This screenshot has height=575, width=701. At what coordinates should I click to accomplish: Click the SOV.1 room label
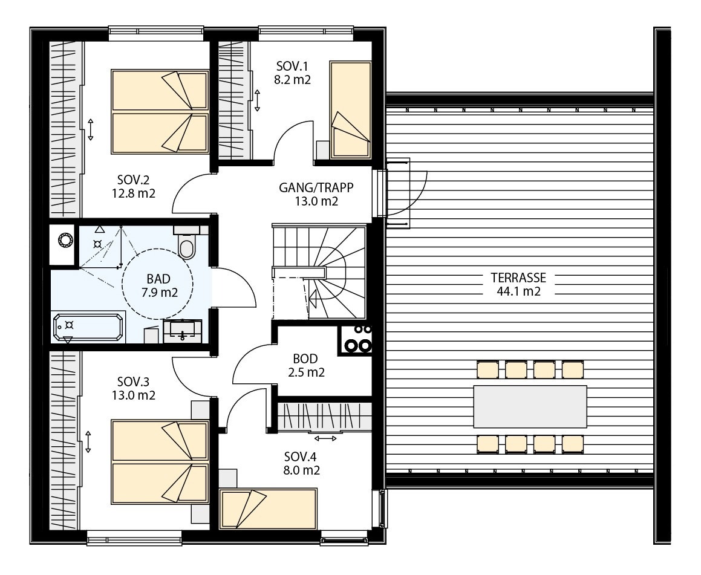click(x=293, y=66)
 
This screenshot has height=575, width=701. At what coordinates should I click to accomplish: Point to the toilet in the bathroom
click(x=187, y=247)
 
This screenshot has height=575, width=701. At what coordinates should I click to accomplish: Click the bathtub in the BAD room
click(x=89, y=328)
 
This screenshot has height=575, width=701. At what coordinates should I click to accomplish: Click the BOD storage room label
click(x=305, y=359)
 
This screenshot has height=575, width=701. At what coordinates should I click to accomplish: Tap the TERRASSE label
click(x=518, y=278)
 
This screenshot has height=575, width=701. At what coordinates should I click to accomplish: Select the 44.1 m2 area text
click(x=518, y=292)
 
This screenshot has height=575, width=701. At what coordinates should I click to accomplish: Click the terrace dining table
click(x=530, y=406)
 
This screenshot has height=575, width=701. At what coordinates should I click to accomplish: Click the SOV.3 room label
click(x=133, y=382)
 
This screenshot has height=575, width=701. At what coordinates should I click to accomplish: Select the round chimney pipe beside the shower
click(x=64, y=241)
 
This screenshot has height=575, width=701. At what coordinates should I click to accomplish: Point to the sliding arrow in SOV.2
click(x=90, y=129)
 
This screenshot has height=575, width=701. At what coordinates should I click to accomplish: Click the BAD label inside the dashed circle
click(x=158, y=279)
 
